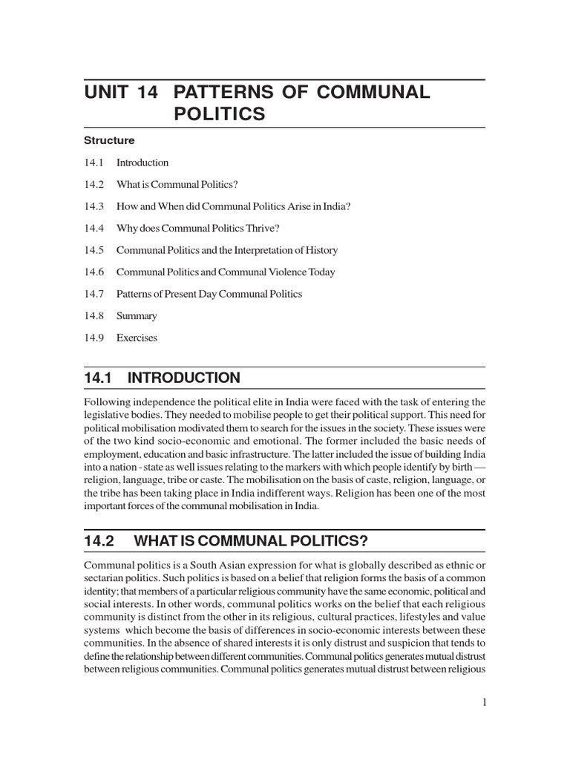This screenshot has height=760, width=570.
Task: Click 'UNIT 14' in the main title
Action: pos(122,93)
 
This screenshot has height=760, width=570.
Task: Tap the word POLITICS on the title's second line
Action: pos(219,114)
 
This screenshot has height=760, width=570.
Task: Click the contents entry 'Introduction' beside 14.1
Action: pos(142,163)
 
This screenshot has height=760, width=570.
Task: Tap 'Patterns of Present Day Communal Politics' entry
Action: pos(209,294)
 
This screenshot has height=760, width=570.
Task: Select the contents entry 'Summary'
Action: pos(137,316)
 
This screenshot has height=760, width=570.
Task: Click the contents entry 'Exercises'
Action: pos(137,338)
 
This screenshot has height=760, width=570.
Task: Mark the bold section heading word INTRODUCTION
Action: pos(184,378)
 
